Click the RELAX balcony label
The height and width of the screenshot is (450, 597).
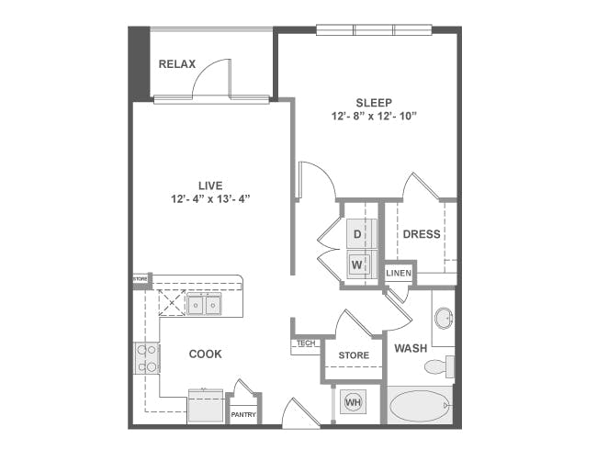click(177, 64)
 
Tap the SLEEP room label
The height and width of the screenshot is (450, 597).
click(374, 103)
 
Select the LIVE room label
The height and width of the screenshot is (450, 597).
click(210, 186)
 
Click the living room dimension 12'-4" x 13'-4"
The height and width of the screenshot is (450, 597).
click(210, 198)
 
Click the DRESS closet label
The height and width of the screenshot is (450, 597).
click(422, 234)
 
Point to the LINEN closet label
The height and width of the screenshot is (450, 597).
click(399, 273)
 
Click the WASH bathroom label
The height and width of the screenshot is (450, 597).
click(411, 348)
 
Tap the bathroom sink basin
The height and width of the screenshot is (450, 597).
click(444, 318)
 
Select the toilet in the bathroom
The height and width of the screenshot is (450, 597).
click(439, 366)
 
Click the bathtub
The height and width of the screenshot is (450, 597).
click(421, 405)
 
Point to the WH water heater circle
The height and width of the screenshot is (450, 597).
click(353, 402)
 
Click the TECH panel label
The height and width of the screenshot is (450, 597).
click(306, 343)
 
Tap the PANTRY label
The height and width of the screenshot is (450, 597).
click(243, 414)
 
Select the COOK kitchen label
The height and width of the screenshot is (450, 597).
click(205, 354)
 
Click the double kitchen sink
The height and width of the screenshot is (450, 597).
click(204, 304)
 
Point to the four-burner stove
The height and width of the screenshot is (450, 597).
click(147, 358)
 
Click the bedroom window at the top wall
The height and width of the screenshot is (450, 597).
click(374, 29)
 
